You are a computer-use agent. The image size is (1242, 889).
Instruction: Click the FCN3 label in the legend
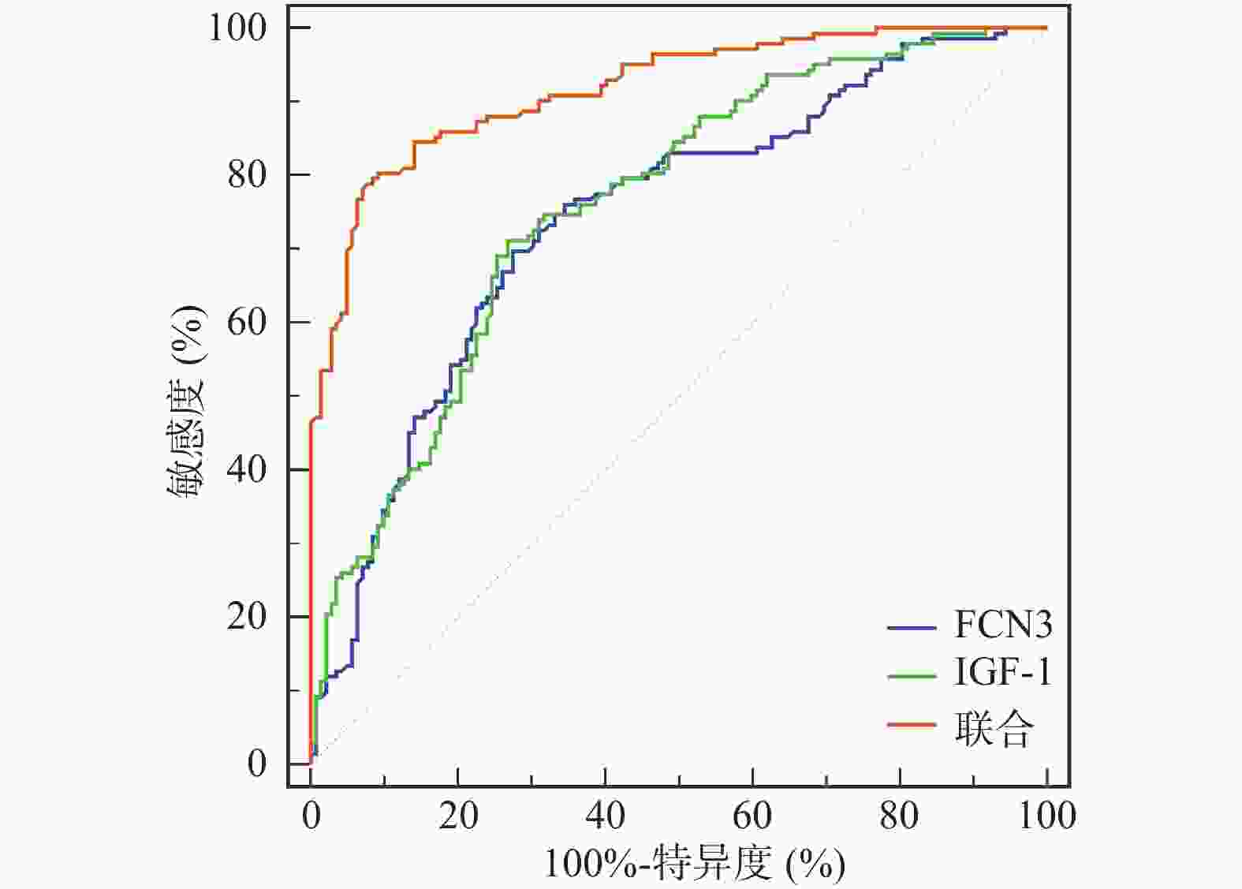point(1003,626)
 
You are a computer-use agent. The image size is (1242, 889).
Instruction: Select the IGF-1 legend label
point(1003,674)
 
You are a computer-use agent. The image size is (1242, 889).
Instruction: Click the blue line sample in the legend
point(912,628)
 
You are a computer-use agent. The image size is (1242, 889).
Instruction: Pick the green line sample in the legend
point(912,676)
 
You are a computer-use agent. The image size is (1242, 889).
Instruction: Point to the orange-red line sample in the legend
point(912,724)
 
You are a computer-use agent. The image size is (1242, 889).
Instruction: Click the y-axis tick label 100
point(237,28)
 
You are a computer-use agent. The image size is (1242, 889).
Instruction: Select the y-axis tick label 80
point(247,174)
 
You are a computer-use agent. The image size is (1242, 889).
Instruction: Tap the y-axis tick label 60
point(247,322)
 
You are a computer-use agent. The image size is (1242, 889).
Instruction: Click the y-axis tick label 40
point(247,469)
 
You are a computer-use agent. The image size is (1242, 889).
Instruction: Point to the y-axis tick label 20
point(247,616)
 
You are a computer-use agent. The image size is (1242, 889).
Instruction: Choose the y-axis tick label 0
point(257,764)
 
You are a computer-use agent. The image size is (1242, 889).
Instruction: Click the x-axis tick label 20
point(458,816)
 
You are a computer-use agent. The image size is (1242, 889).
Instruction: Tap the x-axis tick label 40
point(606,816)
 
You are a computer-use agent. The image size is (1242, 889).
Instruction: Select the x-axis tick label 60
point(752,816)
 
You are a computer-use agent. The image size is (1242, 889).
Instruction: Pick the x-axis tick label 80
point(900,816)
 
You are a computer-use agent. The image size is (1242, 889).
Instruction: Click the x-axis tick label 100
point(1046,816)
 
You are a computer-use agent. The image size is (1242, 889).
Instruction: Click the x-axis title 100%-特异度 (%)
point(695,864)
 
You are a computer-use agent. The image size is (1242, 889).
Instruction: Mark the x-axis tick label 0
point(311,816)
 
